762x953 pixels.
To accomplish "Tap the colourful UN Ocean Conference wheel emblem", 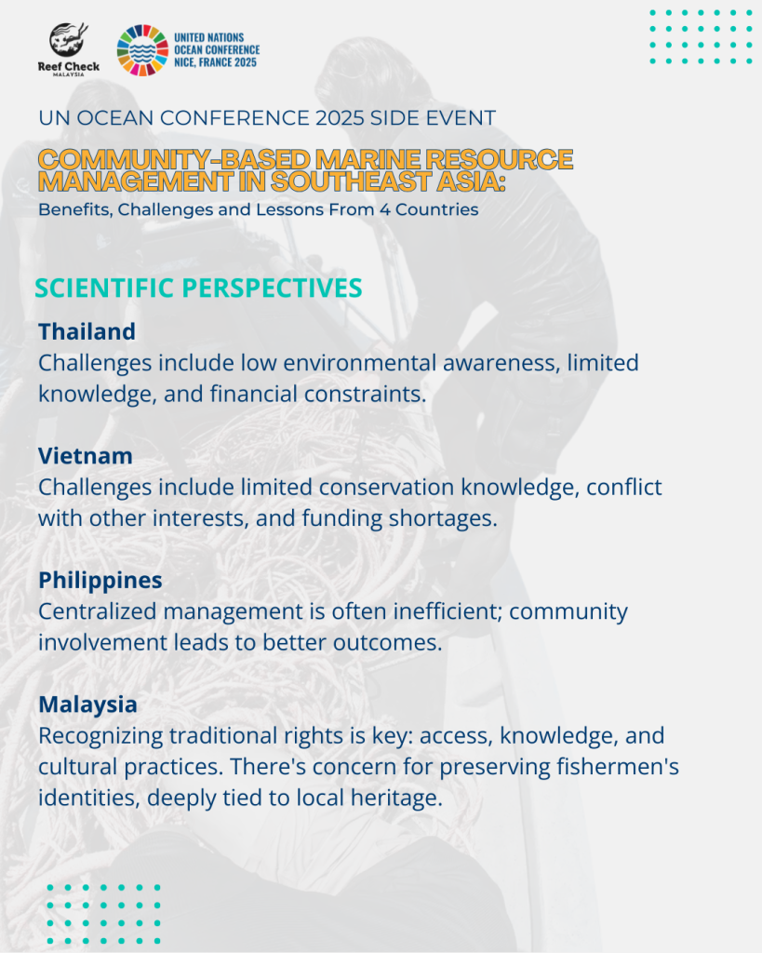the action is coord(142,50).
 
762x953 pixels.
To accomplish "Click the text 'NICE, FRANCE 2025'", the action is coord(216,62).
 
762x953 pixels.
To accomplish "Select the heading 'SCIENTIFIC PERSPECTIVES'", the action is coord(198,289).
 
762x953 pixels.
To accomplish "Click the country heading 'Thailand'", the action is coord(87,332).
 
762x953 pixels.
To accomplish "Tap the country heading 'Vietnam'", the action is coord(85,456).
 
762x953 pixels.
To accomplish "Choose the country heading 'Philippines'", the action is coord(100,581).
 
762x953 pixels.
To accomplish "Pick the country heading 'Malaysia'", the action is coord(87,705).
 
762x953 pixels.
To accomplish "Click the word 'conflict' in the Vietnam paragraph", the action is coord(624,487).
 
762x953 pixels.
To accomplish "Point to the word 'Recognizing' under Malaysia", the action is coord(100,736).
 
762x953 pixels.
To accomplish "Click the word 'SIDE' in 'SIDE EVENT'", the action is coord(394,118).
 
